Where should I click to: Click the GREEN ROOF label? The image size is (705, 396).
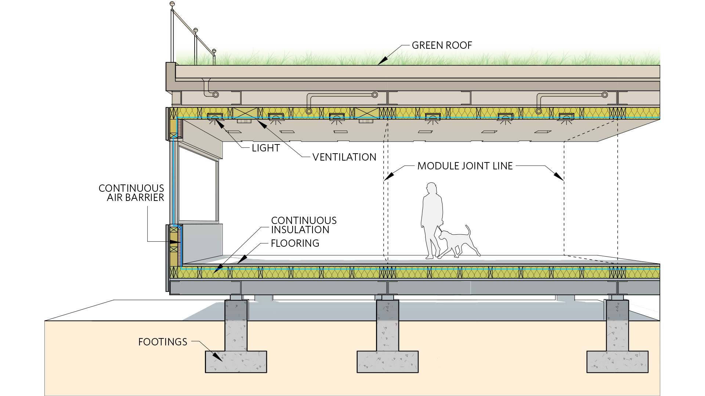[442, 45]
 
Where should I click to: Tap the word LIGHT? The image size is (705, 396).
[266, 148]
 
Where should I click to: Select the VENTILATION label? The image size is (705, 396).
[344, 157]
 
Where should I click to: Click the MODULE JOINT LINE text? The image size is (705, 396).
[465, 166]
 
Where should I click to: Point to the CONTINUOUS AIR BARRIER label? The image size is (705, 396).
[131, 193]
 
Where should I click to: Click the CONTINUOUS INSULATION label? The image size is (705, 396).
[304, 225]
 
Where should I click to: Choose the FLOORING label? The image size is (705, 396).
[295, 243]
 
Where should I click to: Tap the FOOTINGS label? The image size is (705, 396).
[163, 342]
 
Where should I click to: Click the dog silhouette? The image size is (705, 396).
[457, 242]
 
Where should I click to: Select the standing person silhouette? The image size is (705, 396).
[432, 216]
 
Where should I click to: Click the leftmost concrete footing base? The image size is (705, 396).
[236, 362]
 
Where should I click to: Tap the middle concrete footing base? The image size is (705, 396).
[387, 362]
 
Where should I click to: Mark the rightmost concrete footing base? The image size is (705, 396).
[617, 362]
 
